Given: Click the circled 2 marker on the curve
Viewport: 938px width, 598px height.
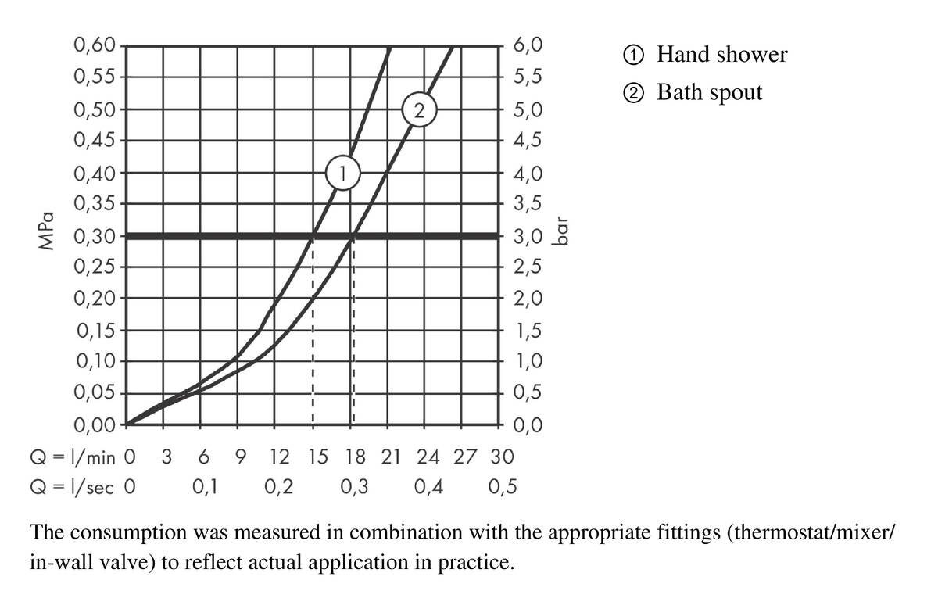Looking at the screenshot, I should [x=419, y=111].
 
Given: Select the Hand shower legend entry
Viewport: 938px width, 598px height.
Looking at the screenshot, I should [x=705, y=55].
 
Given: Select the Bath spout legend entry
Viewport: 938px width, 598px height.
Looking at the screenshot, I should [x=693, y=93].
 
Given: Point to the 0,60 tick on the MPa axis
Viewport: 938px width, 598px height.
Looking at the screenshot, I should [x=95, y=45].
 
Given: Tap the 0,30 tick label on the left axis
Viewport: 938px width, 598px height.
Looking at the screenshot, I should [x=95, y=235].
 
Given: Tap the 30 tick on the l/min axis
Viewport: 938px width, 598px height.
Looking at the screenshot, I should [x=502, y=456].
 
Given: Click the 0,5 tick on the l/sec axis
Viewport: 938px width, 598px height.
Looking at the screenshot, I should [x=502, y=488].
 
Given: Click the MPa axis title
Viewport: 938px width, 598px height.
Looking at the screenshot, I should [x=46, y=231].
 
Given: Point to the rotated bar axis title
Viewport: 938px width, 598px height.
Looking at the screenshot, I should [x=560, y=231].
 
